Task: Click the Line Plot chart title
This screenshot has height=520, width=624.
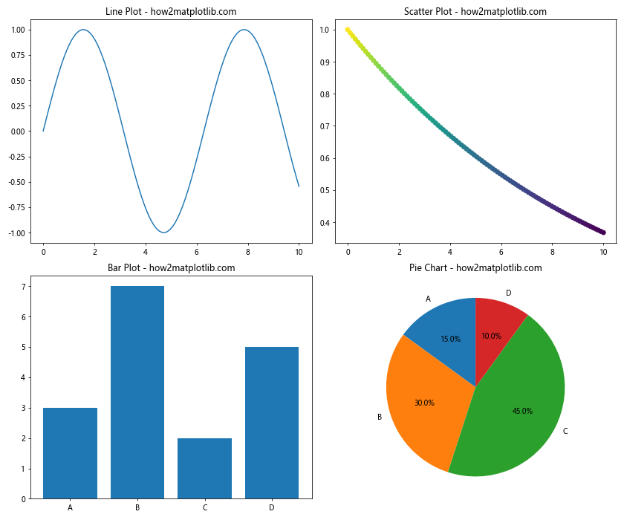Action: click(171, 11)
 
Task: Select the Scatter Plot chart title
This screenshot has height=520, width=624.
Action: click(475, 11)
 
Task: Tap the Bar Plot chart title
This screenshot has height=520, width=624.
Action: click(171, 267)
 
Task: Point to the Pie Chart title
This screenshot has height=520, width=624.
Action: click(475, 267)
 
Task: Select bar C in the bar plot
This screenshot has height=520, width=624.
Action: click(204, 468)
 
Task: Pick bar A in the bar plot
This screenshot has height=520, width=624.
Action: click(70, 453)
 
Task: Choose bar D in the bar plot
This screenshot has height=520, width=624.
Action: click(272, 423)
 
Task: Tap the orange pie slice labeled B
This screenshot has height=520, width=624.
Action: click(420, 401)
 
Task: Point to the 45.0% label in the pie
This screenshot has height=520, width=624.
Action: click(522, 411)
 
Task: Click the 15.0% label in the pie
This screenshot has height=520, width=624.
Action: click(450, 339)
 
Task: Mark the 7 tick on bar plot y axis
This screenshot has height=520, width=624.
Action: click(23, 287)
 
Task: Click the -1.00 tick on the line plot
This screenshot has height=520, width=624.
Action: click(15, 233)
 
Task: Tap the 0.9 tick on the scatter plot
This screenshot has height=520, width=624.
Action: click(325, 62)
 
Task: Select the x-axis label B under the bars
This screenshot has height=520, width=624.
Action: click(137, 507)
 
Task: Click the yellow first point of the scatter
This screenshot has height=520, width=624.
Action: click(348, 30)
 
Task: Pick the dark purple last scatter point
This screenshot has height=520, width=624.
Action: click(603, 233)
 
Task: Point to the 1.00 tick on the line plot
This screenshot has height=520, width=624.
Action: click(16, 30)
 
